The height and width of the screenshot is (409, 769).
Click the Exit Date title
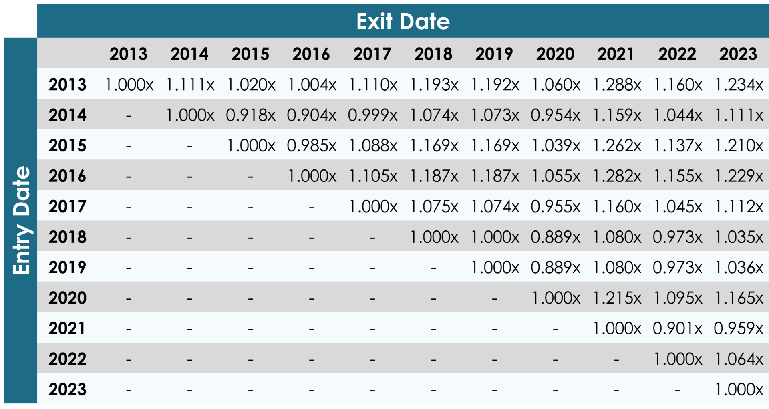click(x=403, y=21)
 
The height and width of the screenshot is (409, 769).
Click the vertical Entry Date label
click(x=21, y=220)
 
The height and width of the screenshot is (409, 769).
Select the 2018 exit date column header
click(x=433, y=54)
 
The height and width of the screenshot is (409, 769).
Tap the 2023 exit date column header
click(x=738, y=54)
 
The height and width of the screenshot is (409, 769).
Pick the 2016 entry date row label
click(x=67, y=176)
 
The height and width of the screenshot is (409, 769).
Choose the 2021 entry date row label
click(x=67, y=328)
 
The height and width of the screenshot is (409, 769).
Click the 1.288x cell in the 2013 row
click(x=616, y=85)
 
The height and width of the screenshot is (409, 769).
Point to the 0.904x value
click(x=312, y=115)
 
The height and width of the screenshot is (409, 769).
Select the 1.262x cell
click(x=616, y=145)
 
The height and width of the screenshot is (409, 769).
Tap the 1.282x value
click(x=616, y=176)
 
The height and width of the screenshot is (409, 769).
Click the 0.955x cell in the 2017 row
click(x=556, y=207)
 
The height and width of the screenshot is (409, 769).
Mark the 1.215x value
click(x=616, y=298)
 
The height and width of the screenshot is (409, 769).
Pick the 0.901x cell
click(x=677, y=328)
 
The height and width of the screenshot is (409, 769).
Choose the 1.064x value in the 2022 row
click(x=739, y=359)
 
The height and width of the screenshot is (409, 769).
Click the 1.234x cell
click(x=739, y=85)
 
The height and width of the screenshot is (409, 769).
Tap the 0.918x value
click(x=251, y=115)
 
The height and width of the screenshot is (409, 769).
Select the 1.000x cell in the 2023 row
click(x=739, y=389)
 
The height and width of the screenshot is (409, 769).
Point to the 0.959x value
click(x=739, y=328)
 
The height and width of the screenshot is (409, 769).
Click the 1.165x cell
click(x=739, y=298)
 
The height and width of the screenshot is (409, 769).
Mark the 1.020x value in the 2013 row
click(x=251, y=85)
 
